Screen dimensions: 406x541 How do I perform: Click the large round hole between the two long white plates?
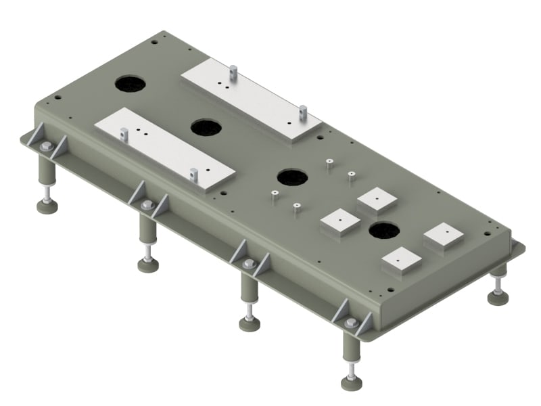tap(207, 127)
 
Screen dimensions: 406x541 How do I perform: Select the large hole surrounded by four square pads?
tap(384, 231)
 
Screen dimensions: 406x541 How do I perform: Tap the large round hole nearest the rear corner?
tap(130, 84)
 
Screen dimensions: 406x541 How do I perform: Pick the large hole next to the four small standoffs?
tap(292, 177)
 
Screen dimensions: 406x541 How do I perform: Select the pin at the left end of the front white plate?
tap(124, 133)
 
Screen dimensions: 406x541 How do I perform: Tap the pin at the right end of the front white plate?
tap(193, 175)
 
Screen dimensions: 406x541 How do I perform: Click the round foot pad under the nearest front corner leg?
tap(351, 383)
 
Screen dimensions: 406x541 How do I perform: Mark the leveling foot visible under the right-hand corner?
tap(498, 297)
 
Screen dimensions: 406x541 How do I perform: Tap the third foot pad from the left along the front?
tap(249, 324)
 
